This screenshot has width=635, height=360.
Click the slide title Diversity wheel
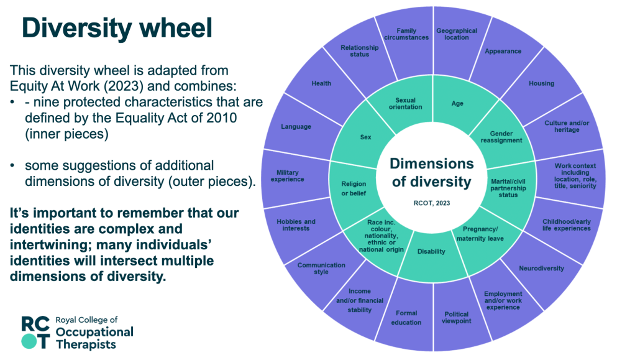coord(117,28)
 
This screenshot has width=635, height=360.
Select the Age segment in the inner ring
coord(457,104)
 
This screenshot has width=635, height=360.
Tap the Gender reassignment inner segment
coord(501,136)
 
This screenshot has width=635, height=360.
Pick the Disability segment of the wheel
coord(431,252)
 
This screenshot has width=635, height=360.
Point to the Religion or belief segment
coord(354,188)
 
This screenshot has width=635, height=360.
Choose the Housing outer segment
coord(541,83)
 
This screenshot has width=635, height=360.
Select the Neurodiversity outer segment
coord(541,269)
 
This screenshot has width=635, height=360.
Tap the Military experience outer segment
coord(287,175)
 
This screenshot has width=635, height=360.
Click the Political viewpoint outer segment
coord(457,318)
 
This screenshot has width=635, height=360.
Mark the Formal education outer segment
coord(406,318)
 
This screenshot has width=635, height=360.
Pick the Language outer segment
coord(296,127)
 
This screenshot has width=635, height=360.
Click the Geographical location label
coord(457,34)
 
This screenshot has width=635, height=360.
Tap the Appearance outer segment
coord(503,51)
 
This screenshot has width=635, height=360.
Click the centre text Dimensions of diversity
coord(431,173)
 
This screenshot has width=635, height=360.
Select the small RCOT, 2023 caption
coord(431,202)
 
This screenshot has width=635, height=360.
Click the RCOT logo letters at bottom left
coord(34,331)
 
